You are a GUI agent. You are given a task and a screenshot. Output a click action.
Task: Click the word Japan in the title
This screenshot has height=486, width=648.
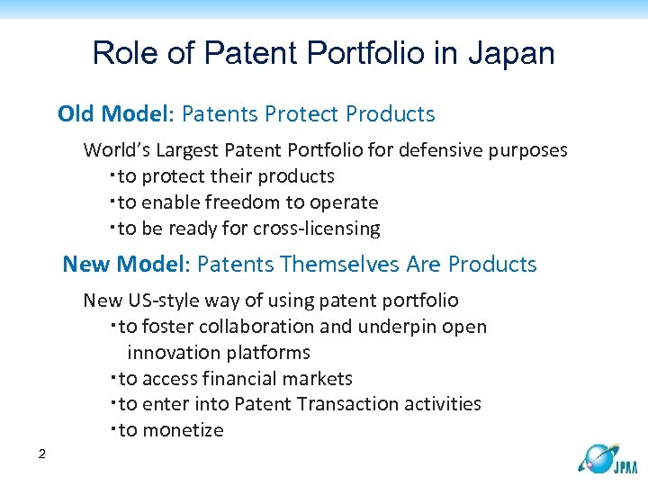511,54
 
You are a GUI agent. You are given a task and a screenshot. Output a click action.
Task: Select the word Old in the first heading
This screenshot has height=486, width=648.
77,114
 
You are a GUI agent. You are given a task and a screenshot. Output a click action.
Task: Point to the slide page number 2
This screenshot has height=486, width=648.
42,454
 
